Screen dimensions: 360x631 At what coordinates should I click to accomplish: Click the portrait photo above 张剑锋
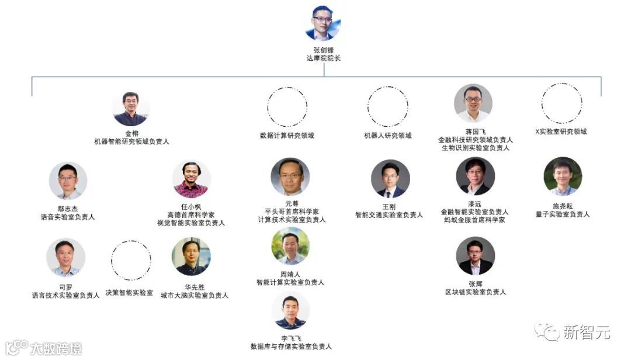coord(323,23)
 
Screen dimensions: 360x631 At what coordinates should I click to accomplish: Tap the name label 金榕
coord(131,133)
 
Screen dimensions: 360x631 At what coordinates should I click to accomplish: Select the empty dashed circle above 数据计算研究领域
coord(287,107)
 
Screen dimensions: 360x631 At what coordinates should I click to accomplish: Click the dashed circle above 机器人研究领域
coord(387,107)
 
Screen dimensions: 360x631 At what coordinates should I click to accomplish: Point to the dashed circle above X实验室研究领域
coord(561,103)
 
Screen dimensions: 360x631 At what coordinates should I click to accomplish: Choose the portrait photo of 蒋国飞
coord(473,103)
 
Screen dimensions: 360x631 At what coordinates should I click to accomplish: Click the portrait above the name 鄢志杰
coord(68,181)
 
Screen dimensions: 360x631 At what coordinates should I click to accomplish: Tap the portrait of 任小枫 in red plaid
coord(191,179)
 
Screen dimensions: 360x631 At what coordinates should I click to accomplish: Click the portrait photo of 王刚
coord(390,179)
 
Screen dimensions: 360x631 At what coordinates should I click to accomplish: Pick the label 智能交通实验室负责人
coord(389,215)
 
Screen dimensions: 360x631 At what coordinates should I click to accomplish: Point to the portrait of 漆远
coord(475,176)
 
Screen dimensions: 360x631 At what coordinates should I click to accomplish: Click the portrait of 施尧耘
coord(563,176)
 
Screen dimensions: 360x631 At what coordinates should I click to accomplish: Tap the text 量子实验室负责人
coord(563,214)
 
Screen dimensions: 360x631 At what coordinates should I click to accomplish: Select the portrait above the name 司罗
coord(65,257)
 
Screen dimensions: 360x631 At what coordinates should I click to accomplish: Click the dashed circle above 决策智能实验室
coord(130,259)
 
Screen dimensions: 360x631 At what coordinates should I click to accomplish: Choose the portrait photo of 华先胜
coord(191,257)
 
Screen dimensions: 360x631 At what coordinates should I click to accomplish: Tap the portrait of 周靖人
coord(290,246)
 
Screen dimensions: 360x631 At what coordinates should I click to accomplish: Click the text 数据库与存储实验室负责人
coord(291,347)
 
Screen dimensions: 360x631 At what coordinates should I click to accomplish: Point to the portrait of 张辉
coord(475,256)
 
